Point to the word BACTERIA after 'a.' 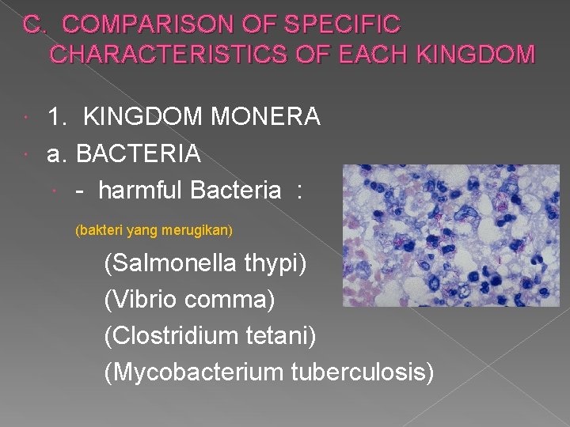[139, 153]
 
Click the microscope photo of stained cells [449, 236]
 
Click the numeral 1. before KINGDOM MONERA [57, 117]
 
